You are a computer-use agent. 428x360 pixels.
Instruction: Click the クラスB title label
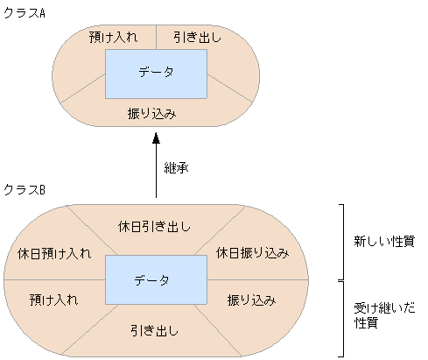click(25, 189)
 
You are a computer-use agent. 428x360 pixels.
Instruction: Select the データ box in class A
click(156, 74)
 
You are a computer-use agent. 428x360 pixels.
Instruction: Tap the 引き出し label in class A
click(196, 38)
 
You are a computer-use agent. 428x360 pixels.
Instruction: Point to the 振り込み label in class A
click(153, 114)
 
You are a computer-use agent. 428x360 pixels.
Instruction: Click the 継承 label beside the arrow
click(177, 166)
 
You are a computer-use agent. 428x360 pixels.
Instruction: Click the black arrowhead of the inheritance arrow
click(156, 138)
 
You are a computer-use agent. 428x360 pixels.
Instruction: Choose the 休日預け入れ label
click(53, 254)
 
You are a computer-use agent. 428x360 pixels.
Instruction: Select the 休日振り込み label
click(252, 253)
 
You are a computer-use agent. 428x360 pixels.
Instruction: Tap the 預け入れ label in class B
click(53, 300)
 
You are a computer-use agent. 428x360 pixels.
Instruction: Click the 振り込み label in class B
click(252, 300)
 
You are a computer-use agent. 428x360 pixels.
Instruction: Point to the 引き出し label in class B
click(155, 330)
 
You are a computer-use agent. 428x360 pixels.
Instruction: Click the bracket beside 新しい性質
click(342, 242)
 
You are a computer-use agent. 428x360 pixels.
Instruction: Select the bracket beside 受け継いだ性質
click(342, 317)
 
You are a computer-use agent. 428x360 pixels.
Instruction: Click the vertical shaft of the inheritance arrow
click(156, 171)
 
